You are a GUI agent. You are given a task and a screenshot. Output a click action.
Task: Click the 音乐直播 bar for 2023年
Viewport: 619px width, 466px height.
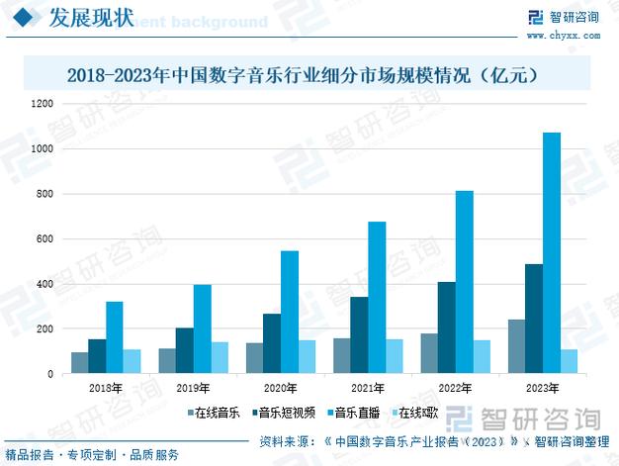[x=552, y=253]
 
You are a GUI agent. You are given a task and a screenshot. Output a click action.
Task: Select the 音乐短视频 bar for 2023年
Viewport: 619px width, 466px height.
[x=534, y=319]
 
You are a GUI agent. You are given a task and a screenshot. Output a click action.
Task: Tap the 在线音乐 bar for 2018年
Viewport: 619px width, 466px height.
[x=79, y=363]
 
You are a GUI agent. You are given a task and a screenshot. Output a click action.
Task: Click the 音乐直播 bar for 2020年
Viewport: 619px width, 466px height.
[x=290, y=313]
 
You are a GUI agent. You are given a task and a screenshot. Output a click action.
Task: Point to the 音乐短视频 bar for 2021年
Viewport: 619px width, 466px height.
[x=359, y=335]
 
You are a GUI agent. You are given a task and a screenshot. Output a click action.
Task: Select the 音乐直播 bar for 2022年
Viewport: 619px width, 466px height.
[x=464, y=282]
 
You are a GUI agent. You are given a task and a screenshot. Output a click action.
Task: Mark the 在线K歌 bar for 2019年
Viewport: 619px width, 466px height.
[x=220, y=358]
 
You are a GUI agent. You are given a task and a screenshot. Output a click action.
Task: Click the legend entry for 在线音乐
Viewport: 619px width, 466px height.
[x=212, y=413]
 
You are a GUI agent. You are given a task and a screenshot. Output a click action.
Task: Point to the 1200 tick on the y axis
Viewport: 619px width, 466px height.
[x=42, y=104]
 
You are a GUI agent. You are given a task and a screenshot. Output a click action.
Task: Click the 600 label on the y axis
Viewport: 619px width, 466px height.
[x=44, y=239]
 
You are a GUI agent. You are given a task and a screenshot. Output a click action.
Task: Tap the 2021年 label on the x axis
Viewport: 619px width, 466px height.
[x=367, y=389]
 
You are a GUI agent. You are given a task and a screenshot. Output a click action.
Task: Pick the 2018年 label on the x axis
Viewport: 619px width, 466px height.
[x=106, y=389]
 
